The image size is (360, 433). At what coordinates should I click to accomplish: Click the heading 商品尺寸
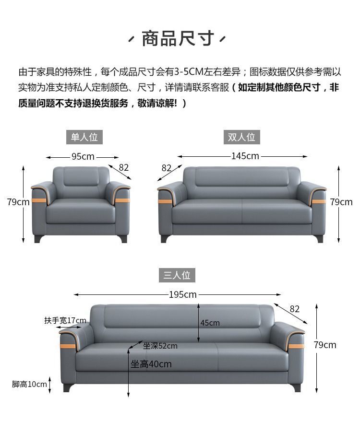pyautogui.click(x=178, y=39)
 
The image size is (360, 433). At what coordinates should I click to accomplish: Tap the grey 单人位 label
pyautogui.click(x=84, y=137)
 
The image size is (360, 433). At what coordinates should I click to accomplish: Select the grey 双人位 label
pyautogui.click(x=241, y=137)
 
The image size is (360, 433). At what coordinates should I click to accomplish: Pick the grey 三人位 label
pyautogui.click(x=177, y=275)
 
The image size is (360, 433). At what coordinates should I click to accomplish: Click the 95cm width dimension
pyautogui.click(x=83, y=157)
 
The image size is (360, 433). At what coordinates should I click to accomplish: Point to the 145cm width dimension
pyautogui.click(x=245, y=156)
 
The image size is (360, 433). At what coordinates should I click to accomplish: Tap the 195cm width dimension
pyautogui.click(x=183, y=294)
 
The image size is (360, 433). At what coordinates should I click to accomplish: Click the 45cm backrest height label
pyautogui.click(x=210, y=323)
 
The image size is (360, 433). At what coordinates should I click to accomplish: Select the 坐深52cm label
pyautogui.click(x=160, y=346)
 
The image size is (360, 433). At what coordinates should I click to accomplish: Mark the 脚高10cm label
pyautogui.click(x=29, y=384)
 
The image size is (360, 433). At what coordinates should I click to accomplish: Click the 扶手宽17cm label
pyautogui.click(x=65, y=320)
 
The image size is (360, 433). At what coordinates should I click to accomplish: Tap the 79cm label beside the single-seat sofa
pyautogui.click(x=18, y=202)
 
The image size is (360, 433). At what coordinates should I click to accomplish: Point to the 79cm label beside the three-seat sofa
pyautogui.click(x=325, y=345)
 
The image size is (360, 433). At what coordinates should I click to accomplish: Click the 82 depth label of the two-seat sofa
pyautogui.click(x=167, y=168)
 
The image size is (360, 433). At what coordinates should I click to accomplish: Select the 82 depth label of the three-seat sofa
pyautogui.click(x=294, y=309)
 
